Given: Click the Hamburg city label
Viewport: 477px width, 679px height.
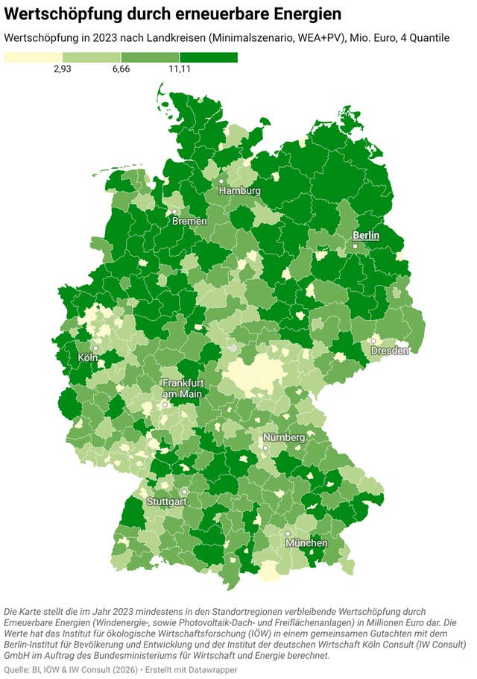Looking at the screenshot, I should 239,191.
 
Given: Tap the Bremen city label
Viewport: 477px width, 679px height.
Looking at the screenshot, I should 189,222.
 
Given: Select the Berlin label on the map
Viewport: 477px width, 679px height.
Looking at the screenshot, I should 366,235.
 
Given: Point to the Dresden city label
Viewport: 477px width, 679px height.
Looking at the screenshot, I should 391,351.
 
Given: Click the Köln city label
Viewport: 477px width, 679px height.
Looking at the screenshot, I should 88,358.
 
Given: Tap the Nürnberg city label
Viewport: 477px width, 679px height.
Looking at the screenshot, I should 283,436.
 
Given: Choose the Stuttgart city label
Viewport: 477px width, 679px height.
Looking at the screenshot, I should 165,501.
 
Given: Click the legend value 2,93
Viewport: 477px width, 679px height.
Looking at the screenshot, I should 62,69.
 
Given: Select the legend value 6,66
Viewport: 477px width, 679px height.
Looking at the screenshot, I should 121,69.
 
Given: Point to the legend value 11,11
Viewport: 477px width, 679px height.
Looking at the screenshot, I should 179,69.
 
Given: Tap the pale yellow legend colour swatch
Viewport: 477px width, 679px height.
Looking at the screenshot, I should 33,57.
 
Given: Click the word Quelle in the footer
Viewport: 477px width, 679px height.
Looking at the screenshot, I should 19,670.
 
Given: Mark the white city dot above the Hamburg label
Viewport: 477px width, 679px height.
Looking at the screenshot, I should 221,181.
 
